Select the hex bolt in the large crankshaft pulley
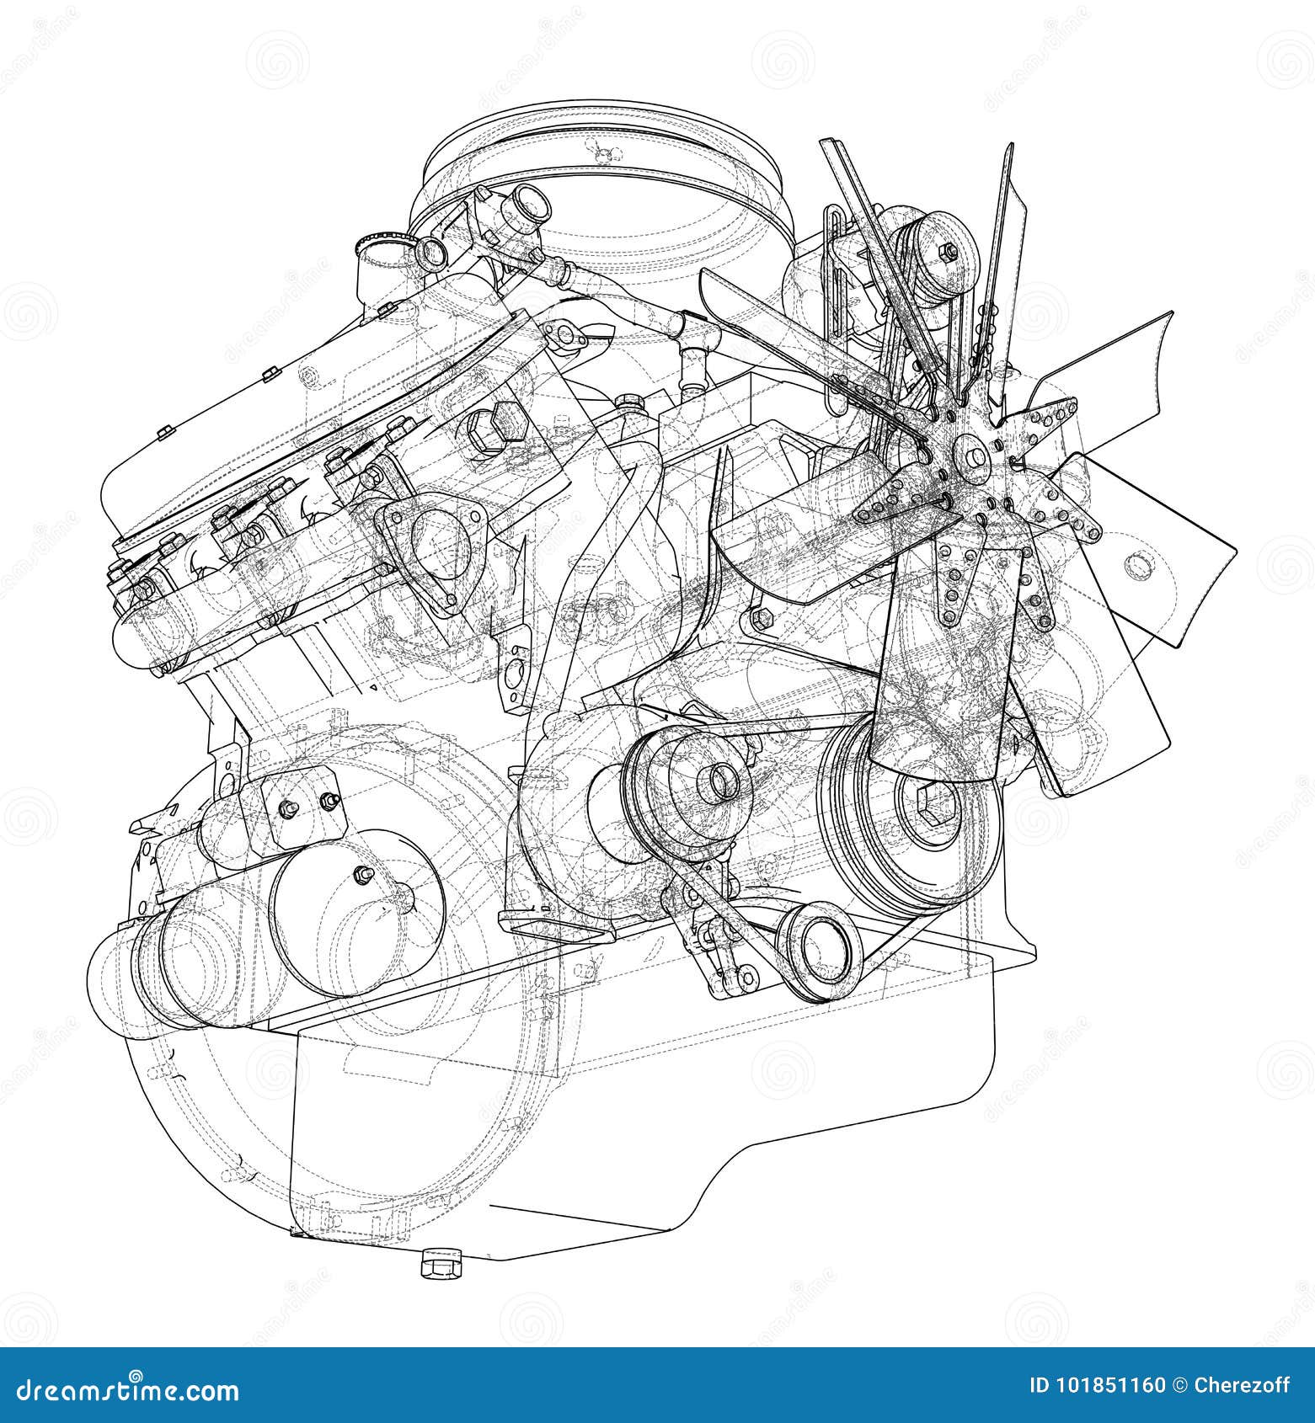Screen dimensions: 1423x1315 click(937, 806)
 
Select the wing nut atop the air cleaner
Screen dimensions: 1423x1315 click(601, 154)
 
